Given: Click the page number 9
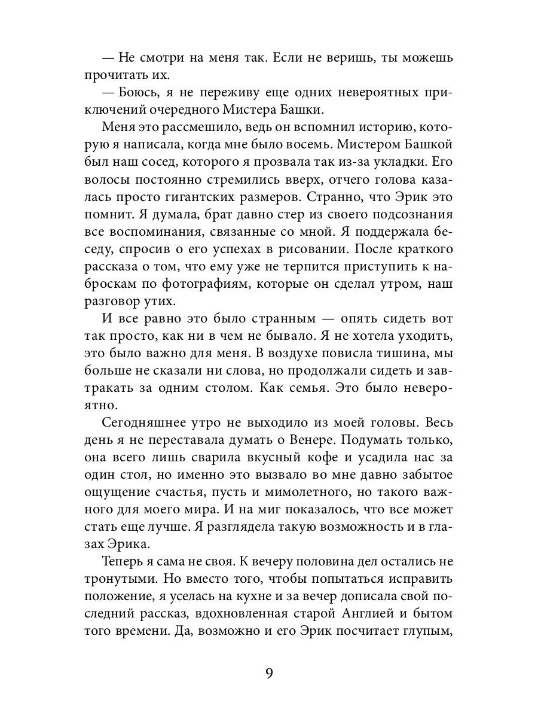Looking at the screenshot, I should [269, 675].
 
